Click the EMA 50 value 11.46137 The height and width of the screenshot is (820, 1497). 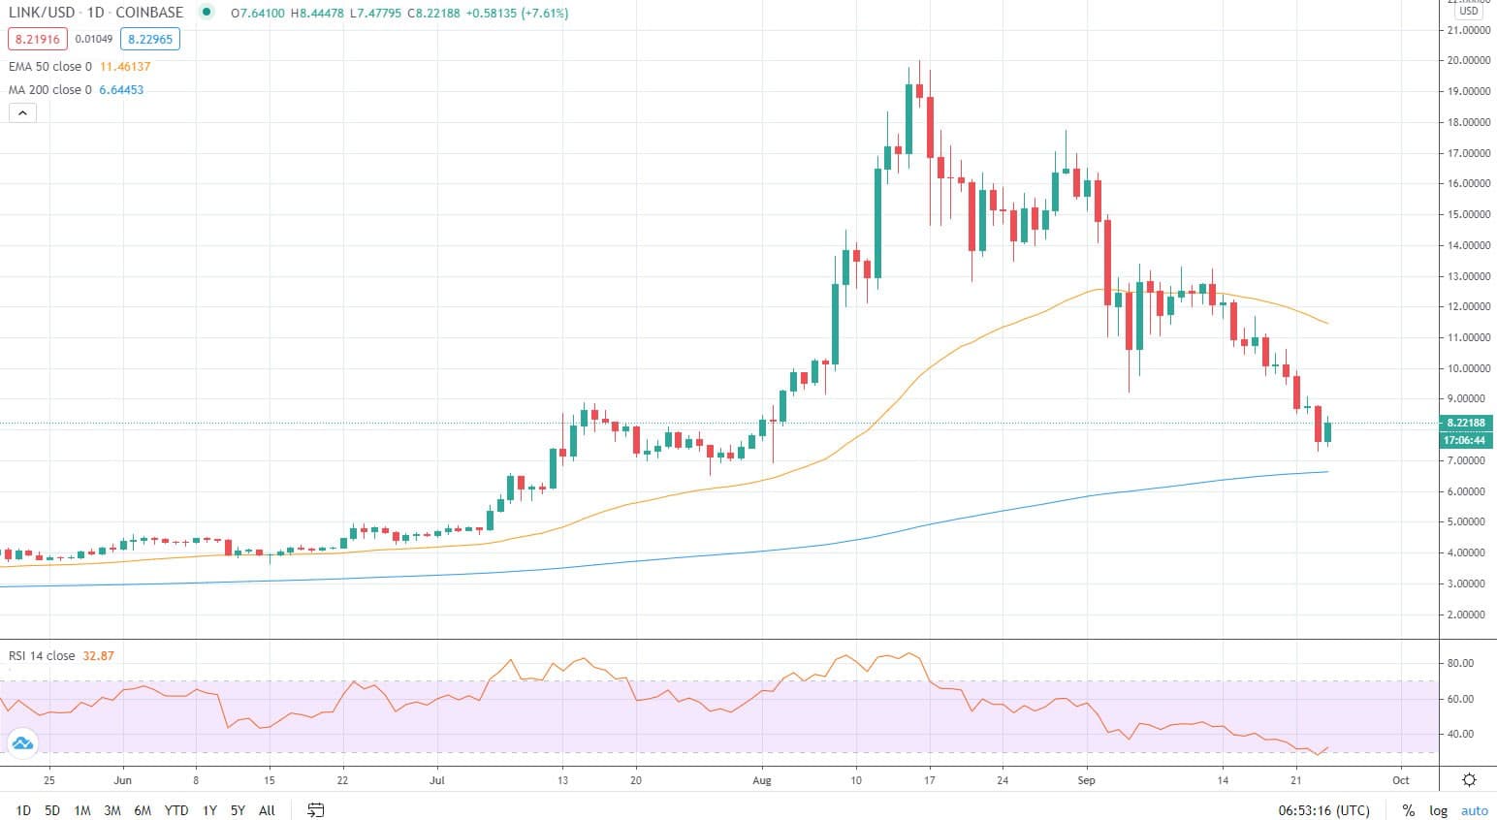pyautogui.click(x=125, y=67)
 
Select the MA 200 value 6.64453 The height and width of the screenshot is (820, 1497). pyautogui.click(x=121, y=90)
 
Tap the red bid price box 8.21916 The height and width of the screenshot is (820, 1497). pyautogui.click(x=38, y=40)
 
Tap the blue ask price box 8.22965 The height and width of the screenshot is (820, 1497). pyautogui.click(x=149, y=40)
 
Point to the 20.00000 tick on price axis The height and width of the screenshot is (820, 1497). pyautogui.click(x=1468, y=60)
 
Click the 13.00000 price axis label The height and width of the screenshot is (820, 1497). pyautogui.click(x=1468, y=276)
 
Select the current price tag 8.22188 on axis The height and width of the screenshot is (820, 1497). pyautogui.click(x=1466, y=424)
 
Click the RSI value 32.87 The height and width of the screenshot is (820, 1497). pyautogui.click(x=98, y=656)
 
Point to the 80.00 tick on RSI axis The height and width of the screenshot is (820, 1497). pyautogui.click(x=1460, y=663)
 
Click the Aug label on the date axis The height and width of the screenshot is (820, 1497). pyautogui.click(x=762, y=780)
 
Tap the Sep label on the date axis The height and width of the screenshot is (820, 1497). pyautogui.click(x=1086, y=780)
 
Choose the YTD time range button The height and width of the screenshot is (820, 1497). pyautogui.click(x=176, y=810)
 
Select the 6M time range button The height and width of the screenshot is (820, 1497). pyautogui.click(x=143, y=810)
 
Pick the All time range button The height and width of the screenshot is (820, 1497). pyautogui.click(x=267, y=810)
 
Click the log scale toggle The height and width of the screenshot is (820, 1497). pyautogui.click(x=1438, y=810)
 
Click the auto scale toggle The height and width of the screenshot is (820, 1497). pyautogui.click(x=1474, y=810)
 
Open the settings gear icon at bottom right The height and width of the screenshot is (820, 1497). pyautogui.click(x=1469, y=780)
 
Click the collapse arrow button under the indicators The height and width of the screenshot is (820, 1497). pyautogui.click(x=22, y=112)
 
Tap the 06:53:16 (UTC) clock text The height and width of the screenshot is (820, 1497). pyautogui.click(x=1323, y=810)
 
